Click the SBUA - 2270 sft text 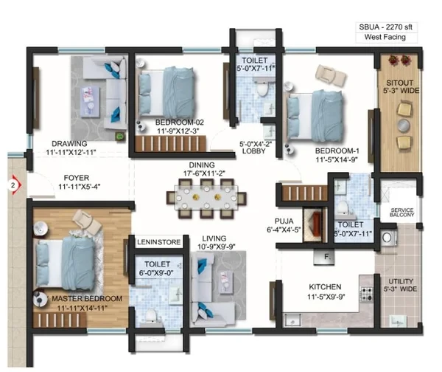tap(385, 27)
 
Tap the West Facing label tap(385, 37)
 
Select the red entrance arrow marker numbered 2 tap(14, 185)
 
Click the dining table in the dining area tap(206, 197)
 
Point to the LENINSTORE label tap(158, 242)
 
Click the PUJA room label tap(284, 221)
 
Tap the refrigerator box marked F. tap(324, 257)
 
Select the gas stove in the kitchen tap(367, 294)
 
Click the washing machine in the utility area tap(388, 238)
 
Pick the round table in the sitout tap(404, 125)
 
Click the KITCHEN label tap(325, 287)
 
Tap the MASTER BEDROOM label tap(87, 299)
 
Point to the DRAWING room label tap(69, 143)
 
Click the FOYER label tap(77, 178)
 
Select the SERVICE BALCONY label tap(402, 213)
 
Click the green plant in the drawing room tap(120, 137)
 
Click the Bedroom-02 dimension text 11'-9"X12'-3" tap(178, 131)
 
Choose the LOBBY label tap(253, 151)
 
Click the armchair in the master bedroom tap(87, 221)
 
